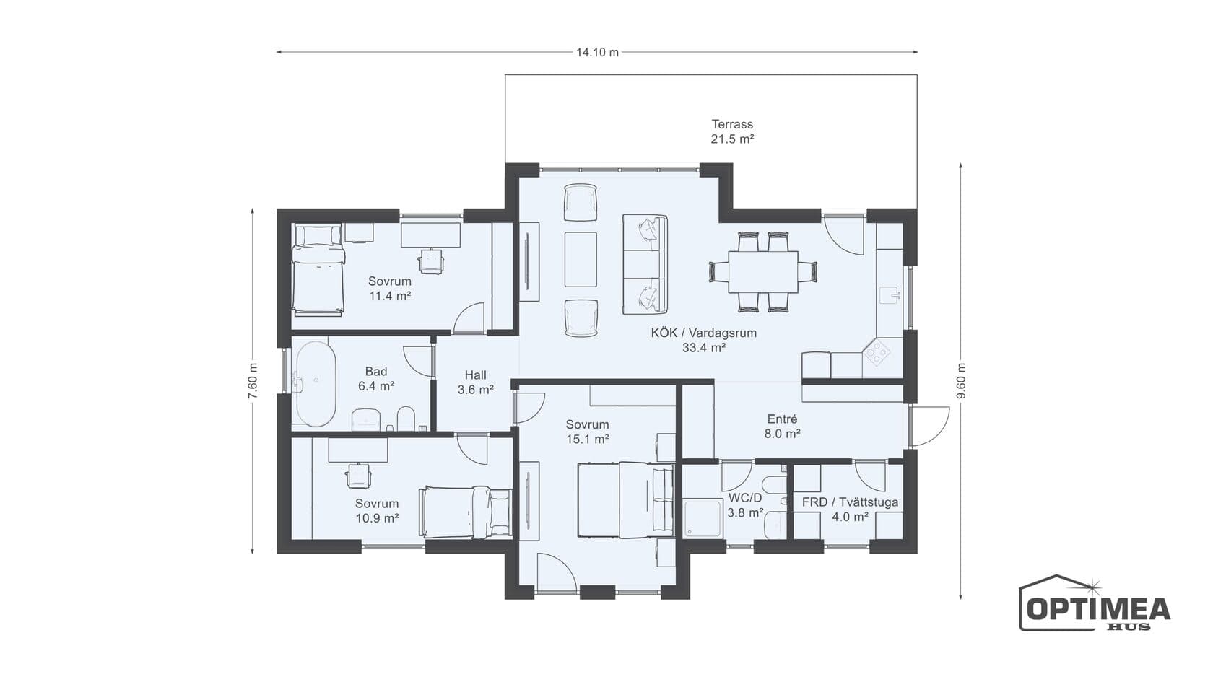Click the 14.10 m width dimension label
click(596, 53)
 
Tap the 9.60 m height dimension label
click(961, 380)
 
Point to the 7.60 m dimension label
click(253, 381)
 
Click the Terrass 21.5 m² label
click(732, 131)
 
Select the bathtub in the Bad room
click(315, 383)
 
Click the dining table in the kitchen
click(763, 271)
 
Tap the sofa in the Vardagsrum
click(645, 264)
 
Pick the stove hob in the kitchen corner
click(877, 352)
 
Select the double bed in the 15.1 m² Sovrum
click(625, 499)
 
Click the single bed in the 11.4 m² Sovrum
click(318, 270)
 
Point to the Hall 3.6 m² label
click(475, 382)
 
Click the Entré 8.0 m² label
click(783, 426)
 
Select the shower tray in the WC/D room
click(703, 518)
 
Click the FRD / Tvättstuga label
click(850, 502)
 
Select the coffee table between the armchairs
click(581, 259)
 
